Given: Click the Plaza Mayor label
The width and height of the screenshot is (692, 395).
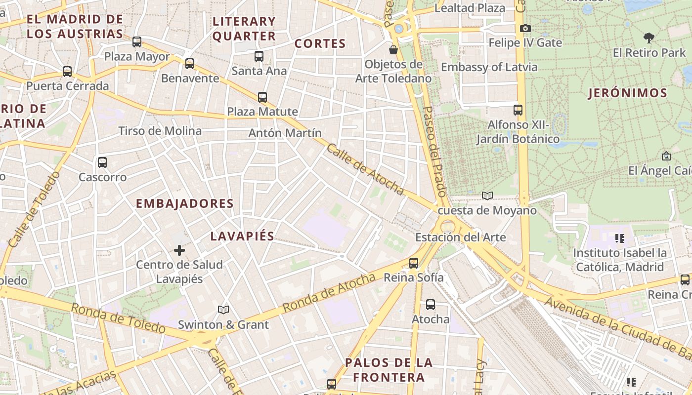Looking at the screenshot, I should click(137, 56).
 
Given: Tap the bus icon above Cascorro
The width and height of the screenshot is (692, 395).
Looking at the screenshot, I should click(102, 162).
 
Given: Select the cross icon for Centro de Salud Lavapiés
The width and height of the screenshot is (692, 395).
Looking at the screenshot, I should click(179, 250).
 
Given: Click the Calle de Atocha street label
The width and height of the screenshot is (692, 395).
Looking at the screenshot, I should click(365, 169).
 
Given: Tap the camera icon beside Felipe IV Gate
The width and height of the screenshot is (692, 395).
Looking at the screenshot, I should click(525, 29).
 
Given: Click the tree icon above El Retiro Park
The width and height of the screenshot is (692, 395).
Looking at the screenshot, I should click(649, 38).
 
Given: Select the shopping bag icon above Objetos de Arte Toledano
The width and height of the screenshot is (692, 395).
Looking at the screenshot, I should click(393, 50).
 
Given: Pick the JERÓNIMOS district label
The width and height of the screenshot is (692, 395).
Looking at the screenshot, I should click(628, 93).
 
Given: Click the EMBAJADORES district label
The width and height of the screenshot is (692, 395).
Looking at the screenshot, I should click(184, 203).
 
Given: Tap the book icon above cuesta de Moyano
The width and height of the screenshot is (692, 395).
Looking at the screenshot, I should click(487, 196).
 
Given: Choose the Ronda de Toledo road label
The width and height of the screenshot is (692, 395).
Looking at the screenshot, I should click(118, 318).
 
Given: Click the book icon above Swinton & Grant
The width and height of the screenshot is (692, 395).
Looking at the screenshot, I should click(223, 310).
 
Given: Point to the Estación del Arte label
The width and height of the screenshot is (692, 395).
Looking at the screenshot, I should click(460, 237).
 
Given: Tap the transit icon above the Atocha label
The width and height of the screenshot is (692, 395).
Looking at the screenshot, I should click(431, 305).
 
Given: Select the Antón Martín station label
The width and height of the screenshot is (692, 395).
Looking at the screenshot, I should click(285, 133).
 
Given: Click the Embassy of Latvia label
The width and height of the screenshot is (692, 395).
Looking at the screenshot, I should click(489, 67).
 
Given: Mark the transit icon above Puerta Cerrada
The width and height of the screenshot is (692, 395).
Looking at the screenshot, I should click(67, 72).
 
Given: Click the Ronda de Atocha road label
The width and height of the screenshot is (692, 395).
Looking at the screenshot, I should click(329, 293).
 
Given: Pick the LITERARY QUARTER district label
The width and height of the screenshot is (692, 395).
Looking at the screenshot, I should click(244, 29).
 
